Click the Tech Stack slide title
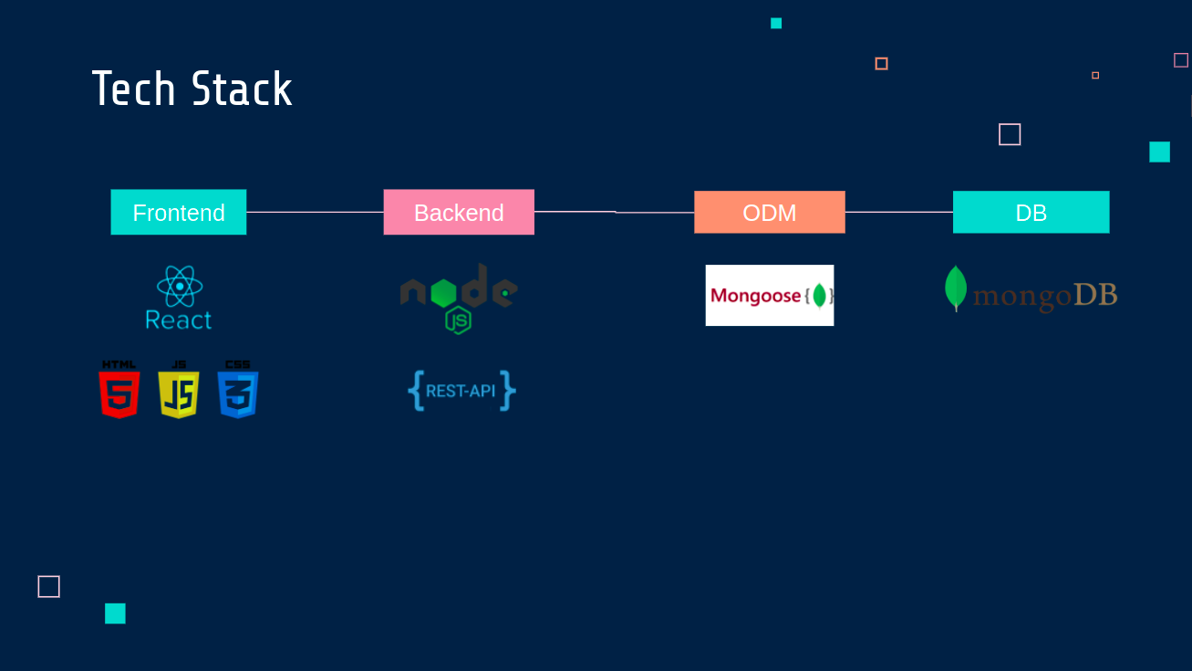[192, 89]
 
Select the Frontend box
[178, 212]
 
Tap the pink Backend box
[459, 212]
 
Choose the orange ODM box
[770, 212]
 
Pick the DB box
[1031, 212]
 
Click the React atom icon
[180, 287]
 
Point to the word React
[179, 320]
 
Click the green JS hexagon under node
[458, 320]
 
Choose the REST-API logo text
[461, 392]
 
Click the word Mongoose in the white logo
[756, 296]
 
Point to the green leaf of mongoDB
[956, 288]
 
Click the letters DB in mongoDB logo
[1095, 295]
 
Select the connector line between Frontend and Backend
[315, 212]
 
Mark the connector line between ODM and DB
[899, 212]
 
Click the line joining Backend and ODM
[615, 212]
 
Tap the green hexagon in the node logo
[444, 292]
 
